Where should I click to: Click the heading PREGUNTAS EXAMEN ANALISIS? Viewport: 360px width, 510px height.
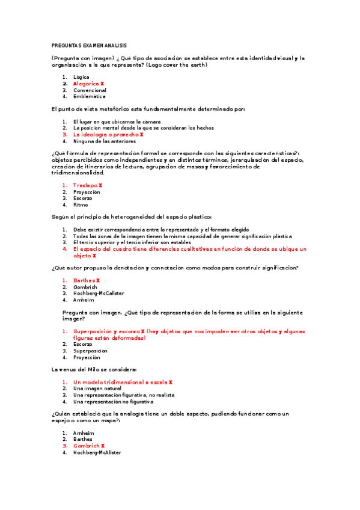[89, 46]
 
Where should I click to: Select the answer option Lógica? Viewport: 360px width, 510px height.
[81, 77]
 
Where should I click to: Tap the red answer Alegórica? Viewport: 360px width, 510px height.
[88, 84]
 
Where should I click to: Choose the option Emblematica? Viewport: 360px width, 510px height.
[89, 96]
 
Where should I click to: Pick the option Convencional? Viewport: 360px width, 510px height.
[90, 90]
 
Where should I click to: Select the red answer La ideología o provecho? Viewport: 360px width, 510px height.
[108, 135]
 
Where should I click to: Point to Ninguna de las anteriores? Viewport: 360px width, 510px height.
[104, 141]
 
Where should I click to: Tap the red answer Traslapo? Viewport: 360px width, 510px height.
[87, 185]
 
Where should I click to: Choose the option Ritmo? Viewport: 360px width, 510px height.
[81, 204]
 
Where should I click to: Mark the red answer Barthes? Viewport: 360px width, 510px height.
[86, 280]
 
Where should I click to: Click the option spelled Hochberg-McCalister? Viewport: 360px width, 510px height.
[99, 293]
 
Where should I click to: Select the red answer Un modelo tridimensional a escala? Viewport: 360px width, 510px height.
[123, 382]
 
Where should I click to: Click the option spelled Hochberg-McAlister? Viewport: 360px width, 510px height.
[97, 452]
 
